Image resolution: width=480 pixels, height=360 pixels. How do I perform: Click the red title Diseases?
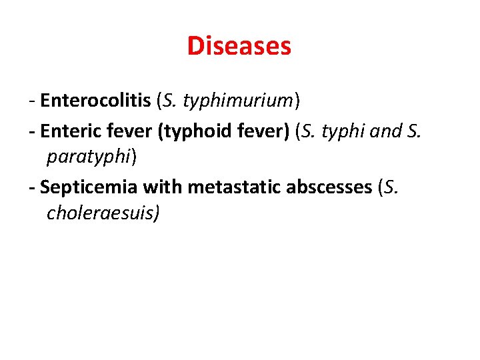(x=239, y=46)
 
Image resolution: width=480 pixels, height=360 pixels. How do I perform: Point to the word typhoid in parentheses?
(x=189, y=131)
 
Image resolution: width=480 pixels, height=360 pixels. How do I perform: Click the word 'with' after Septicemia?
(x=163, y=188)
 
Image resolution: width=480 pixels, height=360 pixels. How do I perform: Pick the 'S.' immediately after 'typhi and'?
(x=413, y=131)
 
